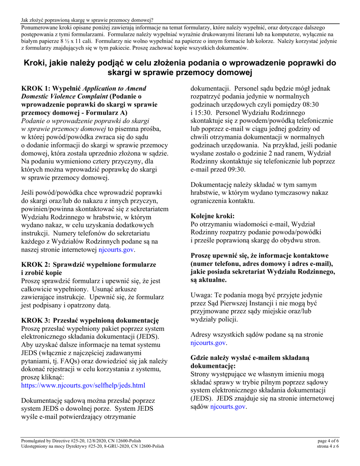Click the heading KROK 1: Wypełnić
(x=51, y=88)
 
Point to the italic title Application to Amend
(x=114, y=88)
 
